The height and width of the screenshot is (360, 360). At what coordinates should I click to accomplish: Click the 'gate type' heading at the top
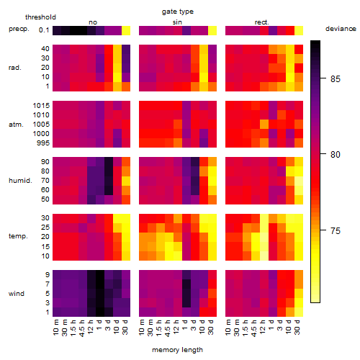click(178, 12)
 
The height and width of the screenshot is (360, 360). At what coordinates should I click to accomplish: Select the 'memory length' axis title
click(177, 350)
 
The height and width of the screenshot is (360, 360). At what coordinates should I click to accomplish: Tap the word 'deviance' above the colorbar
click(341, 29)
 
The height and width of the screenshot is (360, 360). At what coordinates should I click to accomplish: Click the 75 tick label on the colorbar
click(336, 230)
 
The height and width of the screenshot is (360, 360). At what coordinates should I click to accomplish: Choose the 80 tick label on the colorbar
click(336, 154)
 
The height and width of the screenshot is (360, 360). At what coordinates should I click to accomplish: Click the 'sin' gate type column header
click(177, 22)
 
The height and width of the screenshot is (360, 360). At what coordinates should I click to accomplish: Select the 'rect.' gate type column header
click(262, 22)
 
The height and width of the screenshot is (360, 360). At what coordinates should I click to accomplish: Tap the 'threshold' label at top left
click(40, 17)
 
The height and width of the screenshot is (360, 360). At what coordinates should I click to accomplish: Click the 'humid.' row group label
click(20, 181)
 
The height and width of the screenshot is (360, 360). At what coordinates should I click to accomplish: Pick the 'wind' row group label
click(17, 294)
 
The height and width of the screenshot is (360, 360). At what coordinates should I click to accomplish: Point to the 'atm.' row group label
click(16, 125)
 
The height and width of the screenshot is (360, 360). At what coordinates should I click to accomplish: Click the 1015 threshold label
click(41, 105)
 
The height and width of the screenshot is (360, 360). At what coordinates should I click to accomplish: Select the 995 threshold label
click(43, 143)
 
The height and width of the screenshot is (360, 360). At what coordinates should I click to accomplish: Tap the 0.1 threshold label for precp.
click(44, 30)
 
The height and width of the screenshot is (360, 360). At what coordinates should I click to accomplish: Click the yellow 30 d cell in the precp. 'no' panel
click(126, 31)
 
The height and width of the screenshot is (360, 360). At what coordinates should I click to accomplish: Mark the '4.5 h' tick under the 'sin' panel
click(168, 328)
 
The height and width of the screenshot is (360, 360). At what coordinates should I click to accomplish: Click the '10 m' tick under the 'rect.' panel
click(228, 327)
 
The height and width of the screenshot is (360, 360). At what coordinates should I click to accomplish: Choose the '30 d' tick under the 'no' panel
click(125, 327)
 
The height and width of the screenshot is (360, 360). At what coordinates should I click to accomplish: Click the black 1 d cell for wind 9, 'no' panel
click(100, 275)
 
